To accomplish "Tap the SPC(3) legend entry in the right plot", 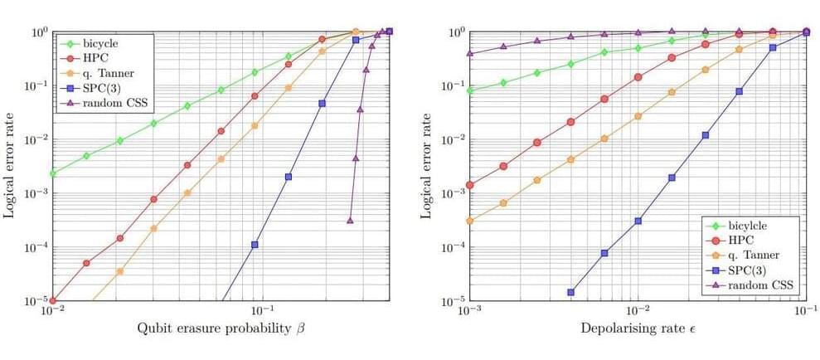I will [x=750, y=270].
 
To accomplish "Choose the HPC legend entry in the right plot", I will [x=742, y=240].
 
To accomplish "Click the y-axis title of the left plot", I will [x=9, y=166].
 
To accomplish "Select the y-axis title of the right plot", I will [x=426, y=166].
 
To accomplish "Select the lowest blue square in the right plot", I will [x=570, y=292].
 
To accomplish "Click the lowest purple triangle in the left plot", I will [x=350, y=220].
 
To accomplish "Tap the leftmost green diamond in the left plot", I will [x=52, y=173].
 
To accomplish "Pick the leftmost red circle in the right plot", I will [x=470, y=185].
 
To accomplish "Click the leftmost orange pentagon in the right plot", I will [x=470, y=221].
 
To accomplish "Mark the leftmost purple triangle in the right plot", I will [x=470, y=54].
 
